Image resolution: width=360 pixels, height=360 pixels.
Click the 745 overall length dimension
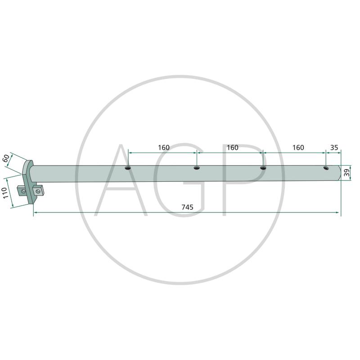[187, 207]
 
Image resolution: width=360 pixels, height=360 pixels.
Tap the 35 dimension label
[334, 148]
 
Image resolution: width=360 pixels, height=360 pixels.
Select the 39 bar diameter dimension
[347, 173]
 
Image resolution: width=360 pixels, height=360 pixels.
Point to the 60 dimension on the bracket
[6, 158]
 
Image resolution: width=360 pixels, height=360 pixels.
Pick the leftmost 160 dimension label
[164, 148]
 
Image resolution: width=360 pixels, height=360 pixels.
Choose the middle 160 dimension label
[233, 148]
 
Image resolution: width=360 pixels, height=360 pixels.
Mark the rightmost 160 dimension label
[298, 148]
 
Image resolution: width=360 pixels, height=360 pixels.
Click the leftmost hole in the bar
[128, 168]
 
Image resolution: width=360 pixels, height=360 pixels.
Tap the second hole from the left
[197, 168]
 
